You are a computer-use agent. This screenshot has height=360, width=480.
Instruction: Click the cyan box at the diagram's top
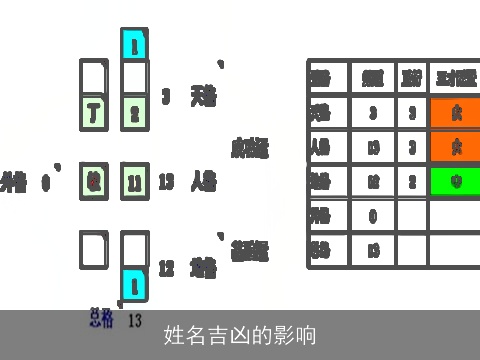point(134,44)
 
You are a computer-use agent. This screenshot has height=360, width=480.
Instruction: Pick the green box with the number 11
point(134,182)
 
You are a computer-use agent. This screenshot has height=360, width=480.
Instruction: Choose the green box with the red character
point(93,182)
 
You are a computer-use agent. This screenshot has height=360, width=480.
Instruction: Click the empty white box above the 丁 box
point(93,77)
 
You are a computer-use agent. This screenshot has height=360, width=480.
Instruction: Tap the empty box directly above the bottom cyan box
point(134,249)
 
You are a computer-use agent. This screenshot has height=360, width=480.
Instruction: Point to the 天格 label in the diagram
point(203,96)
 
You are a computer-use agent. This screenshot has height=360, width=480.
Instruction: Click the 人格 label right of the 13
point(203,182)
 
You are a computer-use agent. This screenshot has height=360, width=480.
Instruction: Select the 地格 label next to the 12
point(203,267)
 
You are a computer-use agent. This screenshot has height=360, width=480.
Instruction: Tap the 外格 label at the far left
point(14,183)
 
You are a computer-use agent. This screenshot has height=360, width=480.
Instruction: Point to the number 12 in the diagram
point(166,267)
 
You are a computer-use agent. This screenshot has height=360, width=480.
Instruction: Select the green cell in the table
point(455,181)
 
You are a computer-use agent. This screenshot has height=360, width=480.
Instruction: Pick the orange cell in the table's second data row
point(455,147)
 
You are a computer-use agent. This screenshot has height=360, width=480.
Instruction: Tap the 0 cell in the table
point(372,215)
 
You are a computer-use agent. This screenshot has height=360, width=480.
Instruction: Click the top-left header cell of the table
point(328,78)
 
